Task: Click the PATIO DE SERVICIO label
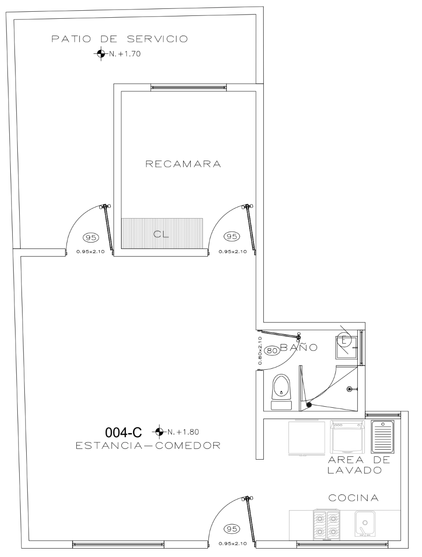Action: pyautogui.click(x=120, y=39)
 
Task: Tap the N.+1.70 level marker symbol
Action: pyautogui.click(x=101, y=54)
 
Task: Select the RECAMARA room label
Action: pyautogui.click(x=184, y=164)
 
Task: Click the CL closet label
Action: pyautogui.click(x=162, y=235)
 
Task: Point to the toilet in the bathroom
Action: pyautogui.click(x=281, y=391)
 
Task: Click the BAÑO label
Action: pyautogui.click(x=299, y=347)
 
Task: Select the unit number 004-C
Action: pyautogui.click(x=123, y=432)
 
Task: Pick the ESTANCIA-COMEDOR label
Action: pyautogui.click(x=148, y=446)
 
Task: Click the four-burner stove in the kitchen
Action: pyautogui.click(x=326, y=522)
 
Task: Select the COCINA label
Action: pyautogui.click(x=354, y=498)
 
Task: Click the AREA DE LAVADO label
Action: pyautogui.click(x=359, y=465)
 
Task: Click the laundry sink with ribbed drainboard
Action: pyautogui.click(x=383, y=436)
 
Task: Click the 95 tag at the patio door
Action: pyautogui.click(x=91, y=237)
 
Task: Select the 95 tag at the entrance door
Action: pyautogui.click(x=231, y=529)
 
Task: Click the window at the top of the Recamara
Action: pyautogui.click(x=188, y=87)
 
